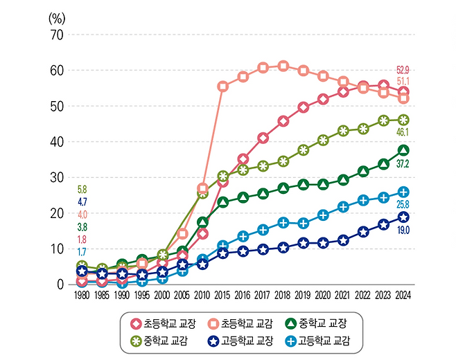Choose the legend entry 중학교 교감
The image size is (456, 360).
click(x=158, y=341)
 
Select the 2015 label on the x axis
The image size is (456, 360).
click(x=222, y=294)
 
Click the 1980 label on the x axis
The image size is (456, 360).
click(x=82, y=294)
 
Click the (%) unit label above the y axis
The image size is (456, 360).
click(x=56, y=17)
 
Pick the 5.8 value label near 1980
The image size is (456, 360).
click(x=82, y=189)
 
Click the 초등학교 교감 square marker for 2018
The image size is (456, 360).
click(x=283, y=66)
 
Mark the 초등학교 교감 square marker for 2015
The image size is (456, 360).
click(x=222, y=87)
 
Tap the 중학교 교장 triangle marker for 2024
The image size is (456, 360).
click(x=403, y=150)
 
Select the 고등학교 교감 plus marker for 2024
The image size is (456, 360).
click(x=403, y=192)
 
